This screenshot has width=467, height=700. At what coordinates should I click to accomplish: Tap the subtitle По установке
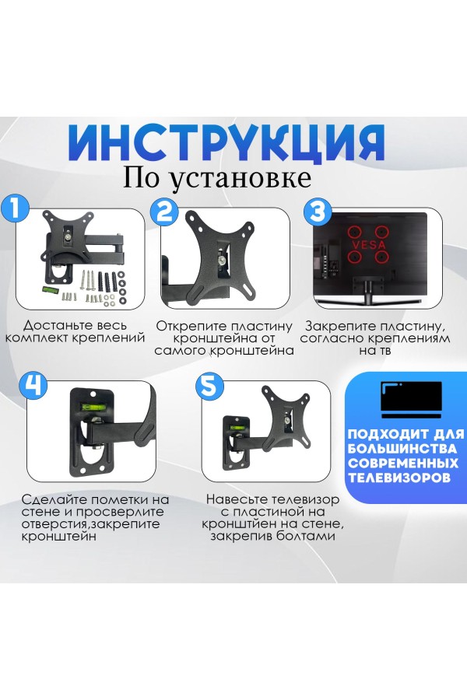tap(217, 177)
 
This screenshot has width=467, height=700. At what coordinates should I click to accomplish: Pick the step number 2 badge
tap(165, 212)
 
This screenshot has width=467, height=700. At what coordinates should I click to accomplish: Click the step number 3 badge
tap(316, 212)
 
